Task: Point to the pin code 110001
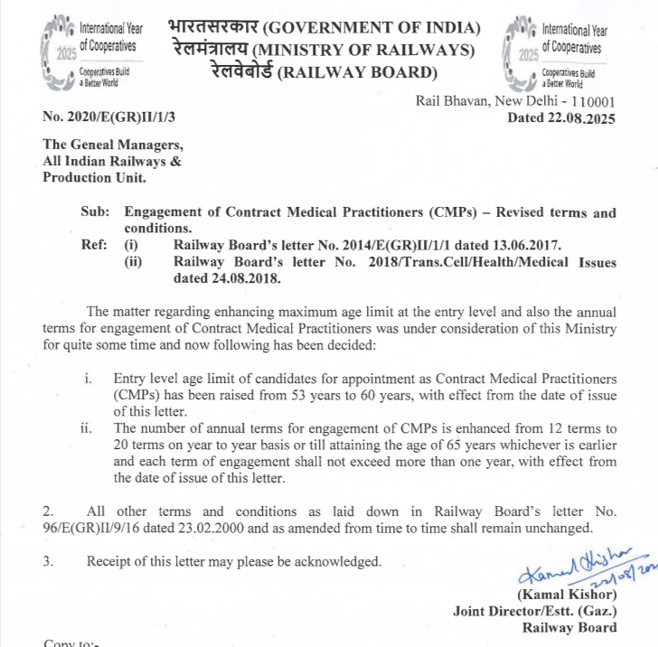point(588,101)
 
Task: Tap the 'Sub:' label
point(94,213)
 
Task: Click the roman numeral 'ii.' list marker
point(87,428)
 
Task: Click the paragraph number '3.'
point(49,562)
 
